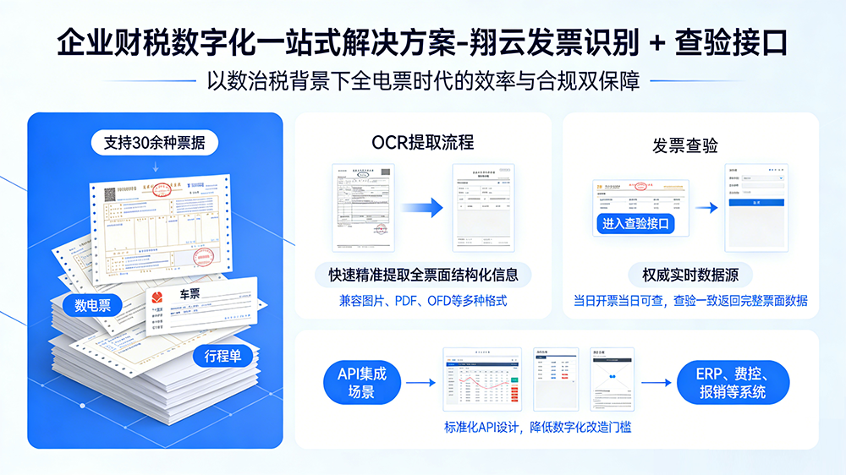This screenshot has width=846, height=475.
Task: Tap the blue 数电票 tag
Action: pyautogui.click(x=92, y=305)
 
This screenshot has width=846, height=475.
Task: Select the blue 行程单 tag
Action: pyautogui.click(x=222, y=356)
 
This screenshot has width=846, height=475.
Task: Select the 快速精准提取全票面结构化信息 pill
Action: pyautogui.click(x=423, y=275)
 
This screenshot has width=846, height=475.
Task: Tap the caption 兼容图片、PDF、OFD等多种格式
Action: pyautogui.click(x=423, y=300)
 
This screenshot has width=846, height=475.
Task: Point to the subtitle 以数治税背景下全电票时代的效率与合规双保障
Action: pyautogui.click(x=423, y=82)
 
